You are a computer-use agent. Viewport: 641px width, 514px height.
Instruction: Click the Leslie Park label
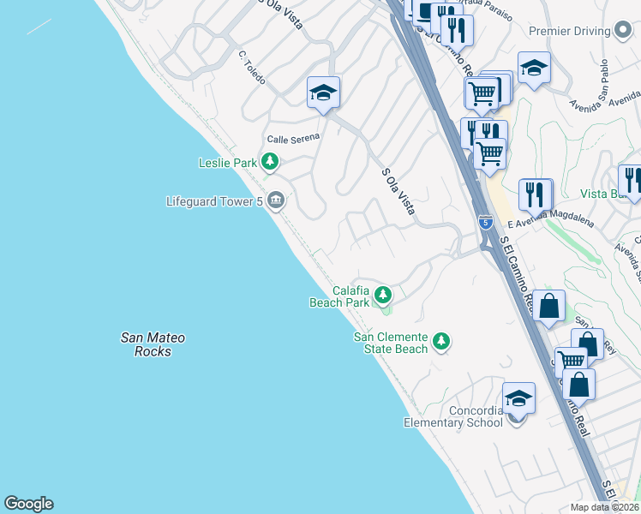(228, 162)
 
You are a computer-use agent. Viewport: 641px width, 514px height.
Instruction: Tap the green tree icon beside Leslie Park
(271, 161)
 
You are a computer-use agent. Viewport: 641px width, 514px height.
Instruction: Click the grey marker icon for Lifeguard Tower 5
(276, 201)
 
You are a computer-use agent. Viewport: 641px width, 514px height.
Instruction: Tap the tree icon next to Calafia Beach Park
(383, 296)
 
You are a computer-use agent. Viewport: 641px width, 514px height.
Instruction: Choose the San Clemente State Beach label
(391, 343)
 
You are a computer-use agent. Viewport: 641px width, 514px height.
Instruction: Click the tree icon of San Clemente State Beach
(441, 342)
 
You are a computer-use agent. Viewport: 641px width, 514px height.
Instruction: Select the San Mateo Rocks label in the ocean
(153, 344)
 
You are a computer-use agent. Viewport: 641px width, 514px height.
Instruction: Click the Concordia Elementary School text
(453, 416)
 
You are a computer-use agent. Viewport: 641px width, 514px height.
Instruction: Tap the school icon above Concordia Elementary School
(518, 398)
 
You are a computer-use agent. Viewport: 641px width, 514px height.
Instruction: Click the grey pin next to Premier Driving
(624, 31)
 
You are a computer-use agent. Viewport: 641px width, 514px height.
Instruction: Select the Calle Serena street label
(293, 138)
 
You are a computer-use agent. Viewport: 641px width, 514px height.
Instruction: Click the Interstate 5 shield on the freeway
(485, 222)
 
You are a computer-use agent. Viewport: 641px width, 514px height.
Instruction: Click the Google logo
(28, 504)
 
